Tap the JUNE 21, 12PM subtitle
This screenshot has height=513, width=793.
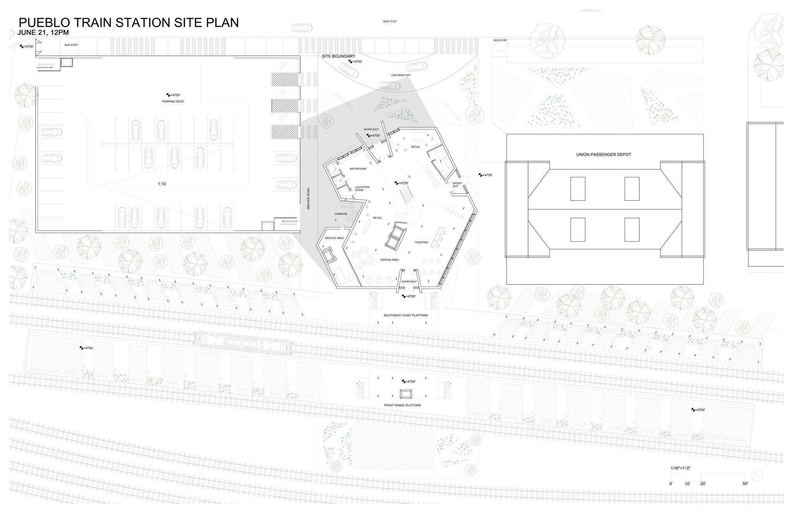click(x=43, y=33)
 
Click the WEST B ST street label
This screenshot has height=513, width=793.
click(x=390, y=22)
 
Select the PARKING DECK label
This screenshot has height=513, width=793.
click(x=173, y=101)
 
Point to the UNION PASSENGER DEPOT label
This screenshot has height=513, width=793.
click(x=603, y=154)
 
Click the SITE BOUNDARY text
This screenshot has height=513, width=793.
click(x=338, y=56)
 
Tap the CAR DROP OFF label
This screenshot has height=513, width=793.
click(x=401, y=75)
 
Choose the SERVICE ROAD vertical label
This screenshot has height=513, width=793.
click(x=309, y=199)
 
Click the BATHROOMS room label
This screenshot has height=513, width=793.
click(x=358, y=169)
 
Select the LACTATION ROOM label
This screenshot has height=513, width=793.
click(x=362, y=189)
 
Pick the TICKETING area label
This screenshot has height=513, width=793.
click(x=421, y=242)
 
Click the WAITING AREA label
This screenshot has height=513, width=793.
click(x=390, y=260)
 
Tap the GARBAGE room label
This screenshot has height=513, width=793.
click(x=341, y=214)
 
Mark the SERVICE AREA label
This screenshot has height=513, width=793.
click(x=334, y=238)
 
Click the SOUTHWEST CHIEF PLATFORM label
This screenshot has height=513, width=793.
click(x=405, y=315)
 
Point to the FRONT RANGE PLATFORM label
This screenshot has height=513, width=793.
click(x=402, y=405)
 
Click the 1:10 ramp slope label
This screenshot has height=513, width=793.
click(x=162, y=184)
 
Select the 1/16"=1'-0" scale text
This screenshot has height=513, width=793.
click(x=680, y=468)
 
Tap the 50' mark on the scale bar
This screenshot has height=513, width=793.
click(x=745, y=484)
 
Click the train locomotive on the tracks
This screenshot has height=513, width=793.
click(x=243, y=343)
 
